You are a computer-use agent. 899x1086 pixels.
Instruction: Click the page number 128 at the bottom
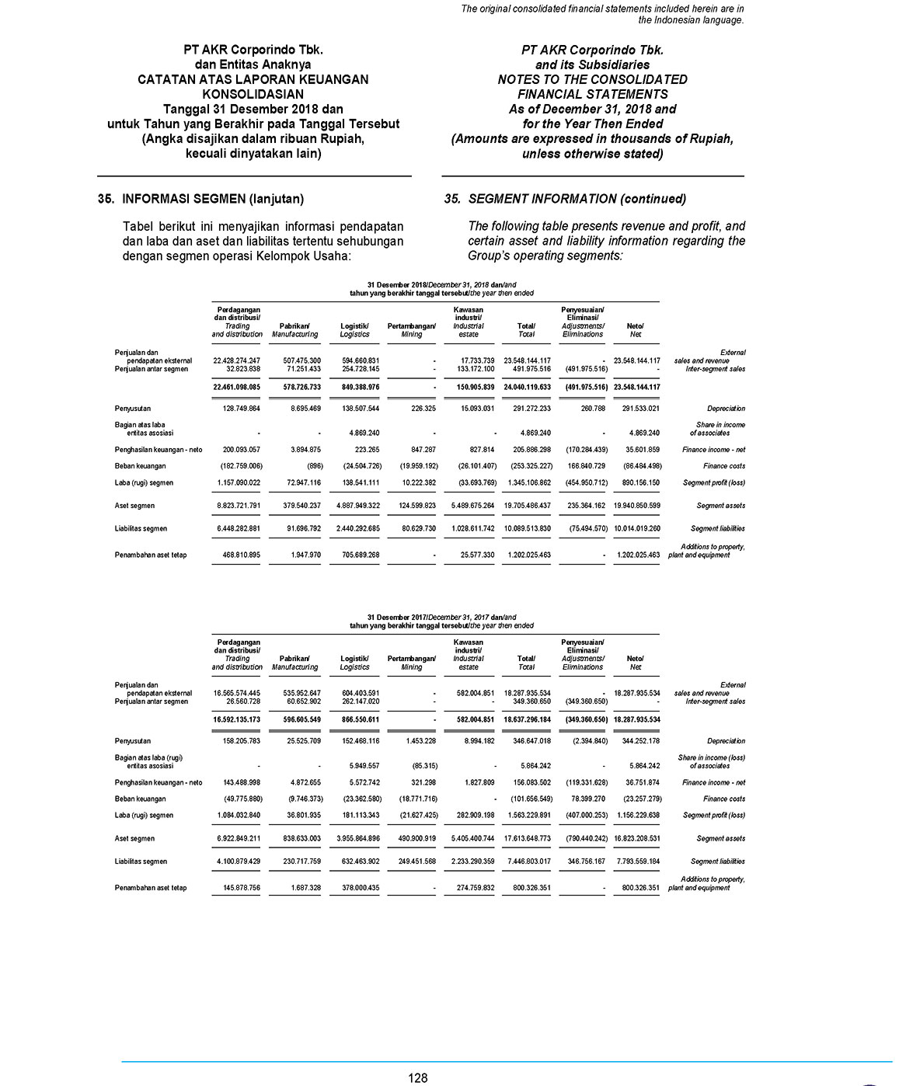click(418, 1077)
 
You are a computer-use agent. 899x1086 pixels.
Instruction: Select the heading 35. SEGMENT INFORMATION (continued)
click(565, 199)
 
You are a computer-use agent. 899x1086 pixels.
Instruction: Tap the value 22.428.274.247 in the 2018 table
click(236, 360)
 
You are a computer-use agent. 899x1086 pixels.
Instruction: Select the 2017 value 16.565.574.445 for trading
click(236, 693)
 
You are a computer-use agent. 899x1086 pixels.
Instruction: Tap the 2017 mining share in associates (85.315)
click(420, 765)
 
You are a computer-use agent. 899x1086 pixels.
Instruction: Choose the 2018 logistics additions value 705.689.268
click(354, 555)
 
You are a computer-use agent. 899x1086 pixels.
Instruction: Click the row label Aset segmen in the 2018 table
click(134, 506)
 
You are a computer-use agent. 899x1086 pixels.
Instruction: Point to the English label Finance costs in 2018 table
click(724, 466)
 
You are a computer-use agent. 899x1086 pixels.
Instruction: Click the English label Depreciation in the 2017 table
click(726, 741)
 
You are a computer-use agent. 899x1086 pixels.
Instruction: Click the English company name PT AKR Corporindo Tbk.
click(592, 50)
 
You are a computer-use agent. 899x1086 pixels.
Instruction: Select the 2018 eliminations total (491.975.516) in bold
click(583, 387)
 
